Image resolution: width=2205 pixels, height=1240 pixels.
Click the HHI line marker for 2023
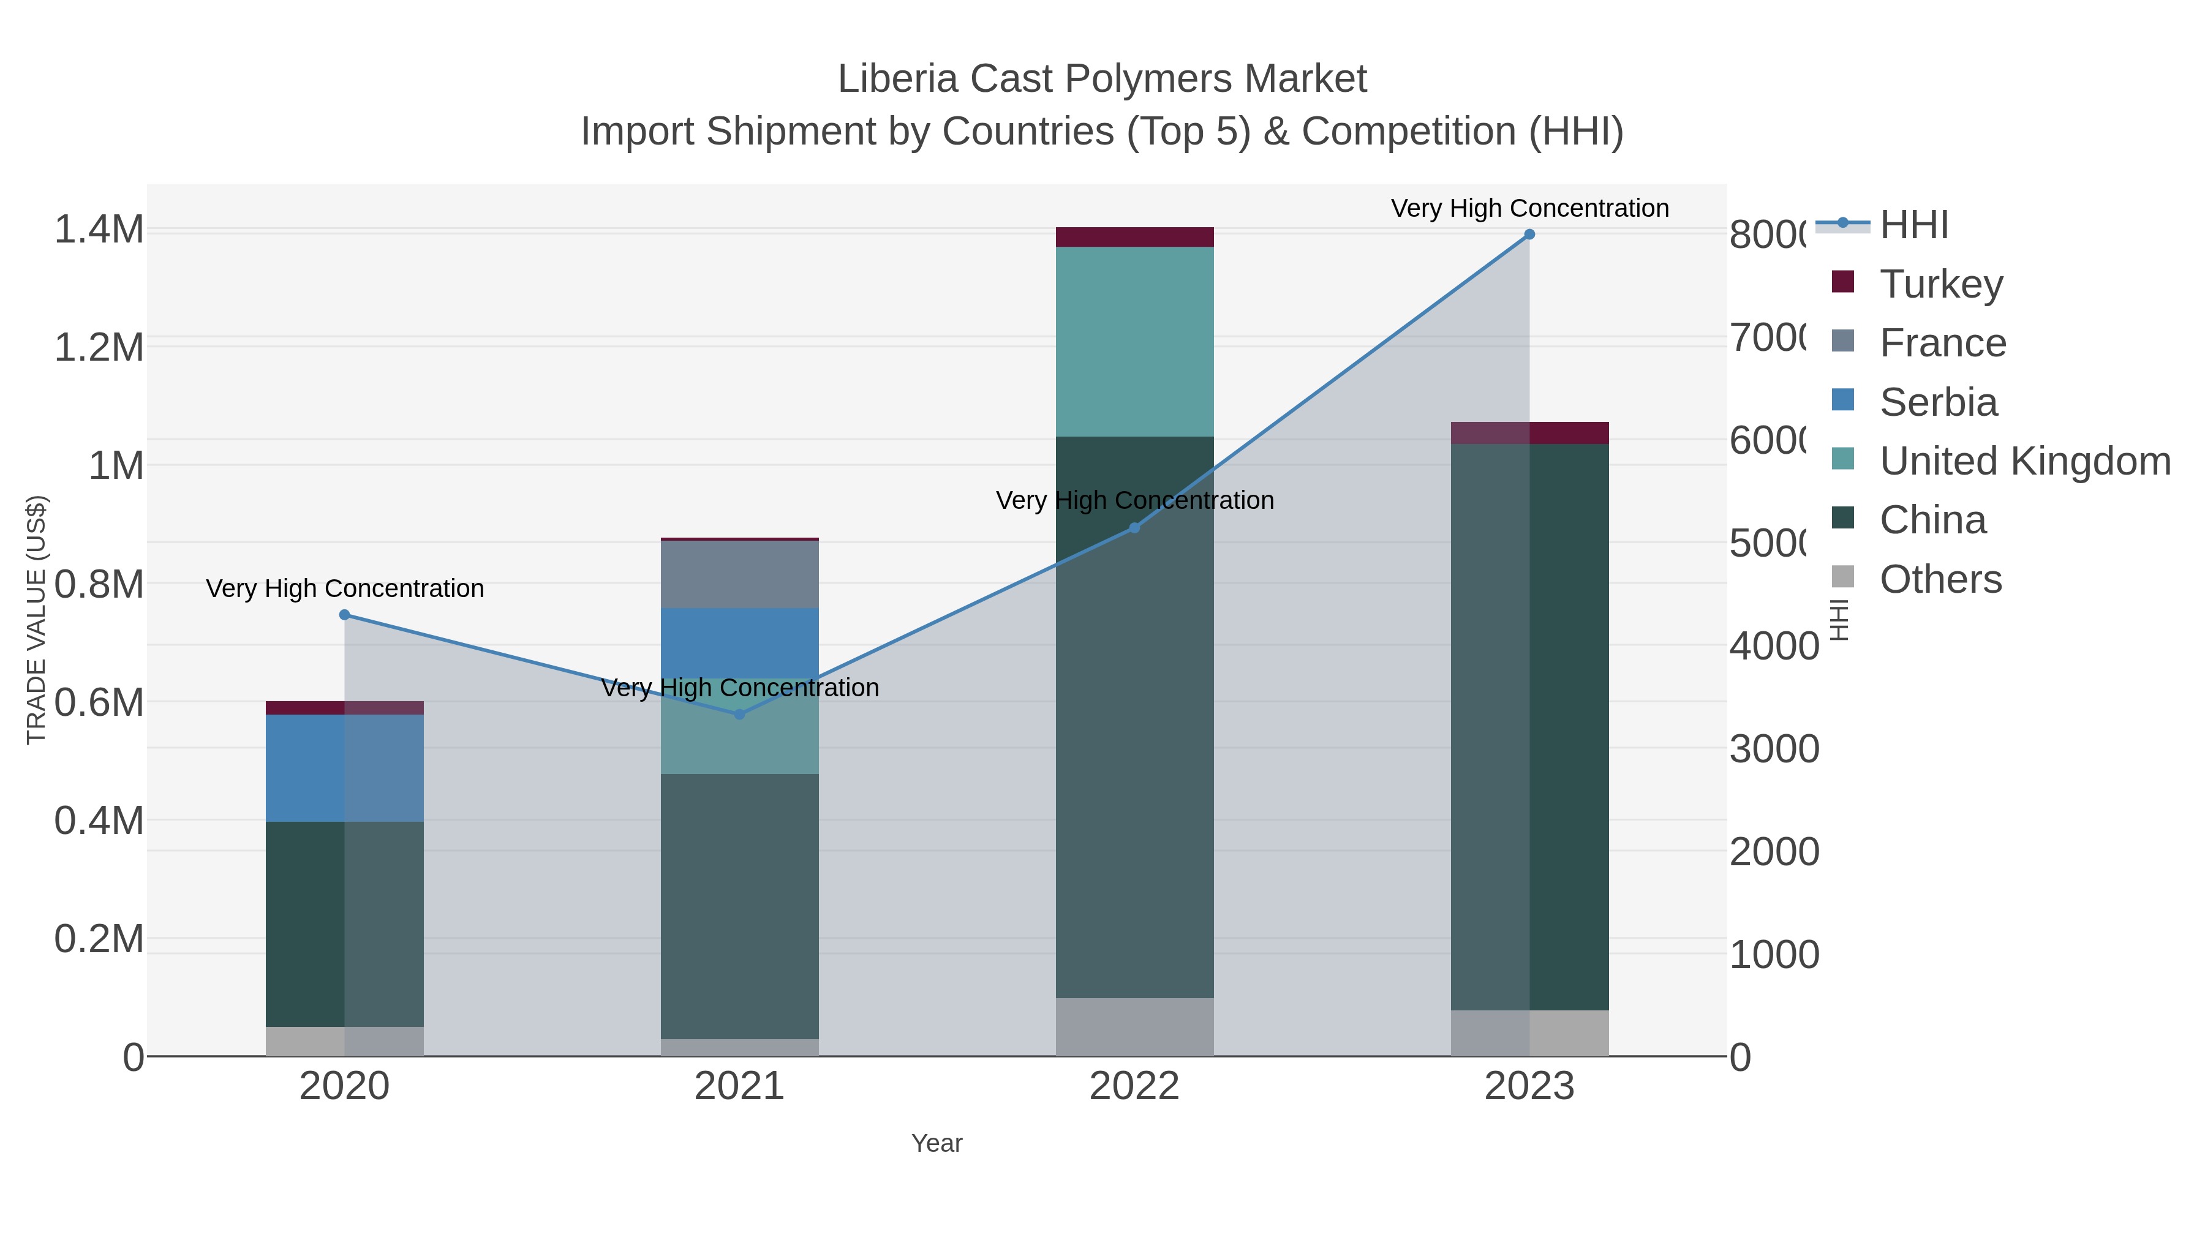pos(1529,235)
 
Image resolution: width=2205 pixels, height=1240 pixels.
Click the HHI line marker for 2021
pos(739,715)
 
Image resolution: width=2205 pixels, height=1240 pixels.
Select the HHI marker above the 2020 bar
pos(344,614)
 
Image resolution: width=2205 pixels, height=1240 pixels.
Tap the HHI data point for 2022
pos(1134,528)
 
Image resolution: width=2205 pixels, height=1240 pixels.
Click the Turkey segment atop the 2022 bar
pos(1134,237)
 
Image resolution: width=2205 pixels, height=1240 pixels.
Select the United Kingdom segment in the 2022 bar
pos(1134,342)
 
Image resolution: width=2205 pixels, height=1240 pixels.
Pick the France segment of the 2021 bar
pos(739,574)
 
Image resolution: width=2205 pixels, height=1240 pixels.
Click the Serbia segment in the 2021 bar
pos(739,643)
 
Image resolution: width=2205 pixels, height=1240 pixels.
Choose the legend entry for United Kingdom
pos(2024,461)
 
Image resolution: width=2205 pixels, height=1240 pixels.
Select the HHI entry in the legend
pos(1914,225)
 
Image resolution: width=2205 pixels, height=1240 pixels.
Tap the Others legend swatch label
pos(1940,579)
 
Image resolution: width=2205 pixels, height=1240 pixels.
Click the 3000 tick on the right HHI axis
pos(1774,750)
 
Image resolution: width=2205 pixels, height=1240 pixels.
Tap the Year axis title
pos(937,1143)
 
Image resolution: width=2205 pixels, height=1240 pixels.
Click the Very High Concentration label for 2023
pos(1529,208)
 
